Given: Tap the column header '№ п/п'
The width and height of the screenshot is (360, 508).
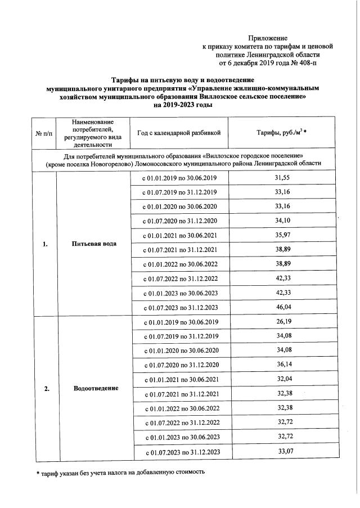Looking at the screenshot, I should [x=44, y=133].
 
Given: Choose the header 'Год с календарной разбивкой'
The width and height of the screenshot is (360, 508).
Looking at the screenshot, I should [x=179, y=132].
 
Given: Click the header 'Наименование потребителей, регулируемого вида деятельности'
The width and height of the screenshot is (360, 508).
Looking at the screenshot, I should [x=93, y=133].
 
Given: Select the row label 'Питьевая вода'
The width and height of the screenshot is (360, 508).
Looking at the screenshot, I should [x=94, y=244].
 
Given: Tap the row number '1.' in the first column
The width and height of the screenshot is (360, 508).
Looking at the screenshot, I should [x=44, y=244].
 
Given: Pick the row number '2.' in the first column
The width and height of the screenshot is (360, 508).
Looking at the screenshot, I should [x=44, y=388].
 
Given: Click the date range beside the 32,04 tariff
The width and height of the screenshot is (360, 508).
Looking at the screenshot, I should [x=180, y=379].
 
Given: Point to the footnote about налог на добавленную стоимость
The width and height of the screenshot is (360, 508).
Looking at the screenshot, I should [x=118, y=471].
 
